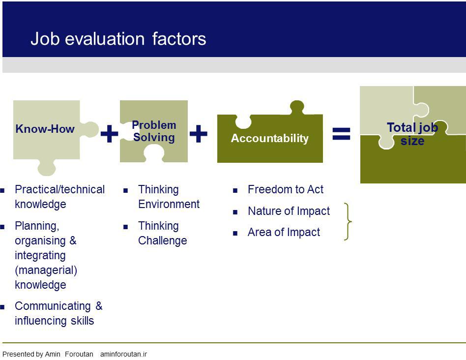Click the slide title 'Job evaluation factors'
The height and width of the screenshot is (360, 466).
(118, 39)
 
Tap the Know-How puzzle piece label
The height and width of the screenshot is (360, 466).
(45, 129)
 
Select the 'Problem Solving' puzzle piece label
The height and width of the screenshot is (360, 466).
(154, 131)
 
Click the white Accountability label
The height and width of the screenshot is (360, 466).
(270, 138)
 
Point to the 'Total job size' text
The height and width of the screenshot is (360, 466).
(412, 134)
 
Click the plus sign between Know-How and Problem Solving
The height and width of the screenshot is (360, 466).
(109, 133)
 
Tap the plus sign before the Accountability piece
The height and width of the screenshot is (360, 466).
(198, 133)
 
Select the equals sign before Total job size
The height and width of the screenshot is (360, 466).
(341, 134)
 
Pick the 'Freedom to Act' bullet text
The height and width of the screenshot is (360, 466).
(286, 189)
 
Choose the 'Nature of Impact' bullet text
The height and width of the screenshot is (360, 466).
(289, 211)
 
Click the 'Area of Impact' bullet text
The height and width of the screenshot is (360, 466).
(284, 232)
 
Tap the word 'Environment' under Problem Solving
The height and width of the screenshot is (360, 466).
(169, 204)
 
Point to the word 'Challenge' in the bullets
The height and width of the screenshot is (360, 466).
(163, 241)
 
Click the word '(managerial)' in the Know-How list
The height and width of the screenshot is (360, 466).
(46, 270)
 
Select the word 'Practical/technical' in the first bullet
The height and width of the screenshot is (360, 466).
(60, 189)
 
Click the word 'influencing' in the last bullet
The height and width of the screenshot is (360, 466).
(41, 321)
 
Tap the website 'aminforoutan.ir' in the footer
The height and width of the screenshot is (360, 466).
(124, 354)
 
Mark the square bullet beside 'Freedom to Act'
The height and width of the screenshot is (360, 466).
(235, 190)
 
